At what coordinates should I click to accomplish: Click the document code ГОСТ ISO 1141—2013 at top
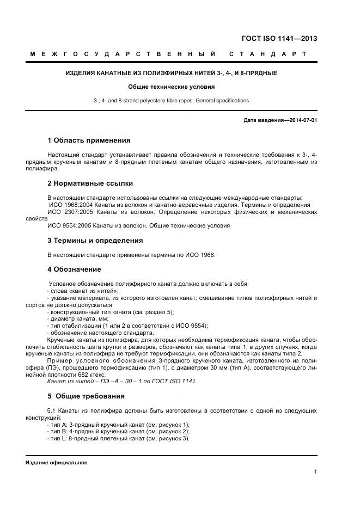coord(279,39)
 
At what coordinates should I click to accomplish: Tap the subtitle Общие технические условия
coord(171,87)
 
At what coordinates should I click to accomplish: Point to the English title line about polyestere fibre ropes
coord(171,101)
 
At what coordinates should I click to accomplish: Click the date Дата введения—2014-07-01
coord(280,121)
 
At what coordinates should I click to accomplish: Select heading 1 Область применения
coord(89,140)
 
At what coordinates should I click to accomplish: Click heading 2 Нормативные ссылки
coord(90,183)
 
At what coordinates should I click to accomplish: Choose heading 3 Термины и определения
coord(95,240)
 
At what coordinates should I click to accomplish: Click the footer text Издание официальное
coord(56,462)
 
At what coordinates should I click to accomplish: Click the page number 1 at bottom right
coord(315,472)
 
